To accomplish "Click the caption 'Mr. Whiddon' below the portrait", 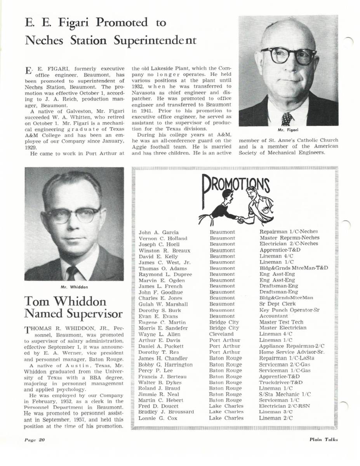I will click(74, 287).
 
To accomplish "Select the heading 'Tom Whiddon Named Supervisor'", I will click(73, 308).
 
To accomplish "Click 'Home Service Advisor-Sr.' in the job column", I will click(292, 352).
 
